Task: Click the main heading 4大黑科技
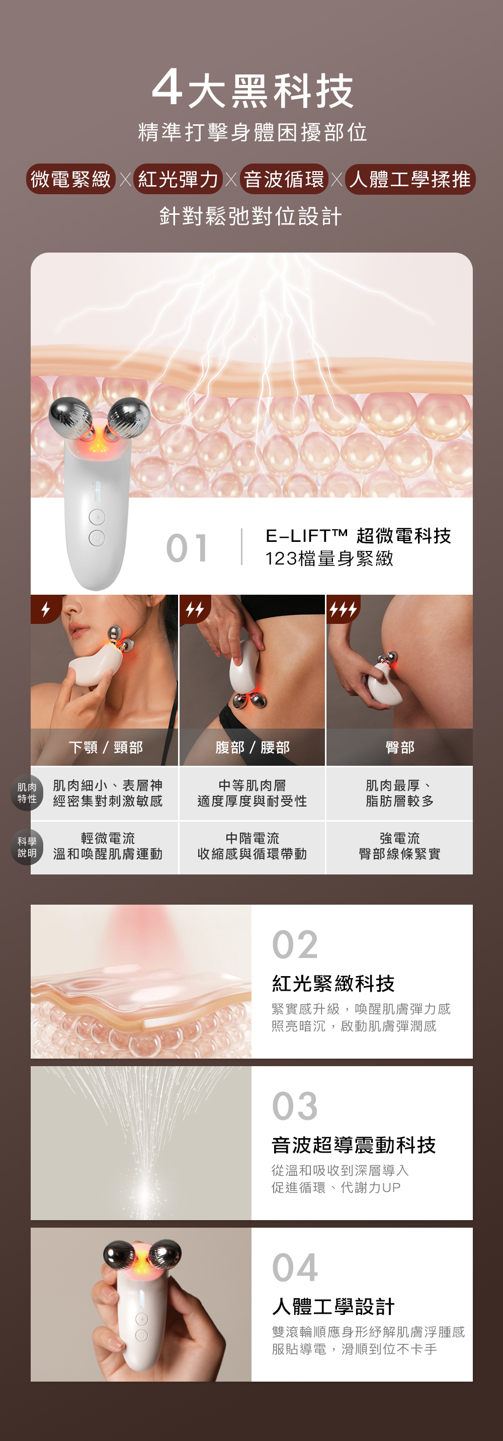[253, 89]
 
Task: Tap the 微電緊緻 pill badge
[71, 179]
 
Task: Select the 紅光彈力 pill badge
[178, 179]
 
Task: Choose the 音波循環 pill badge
[284, 179]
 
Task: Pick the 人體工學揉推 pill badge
[410, 179]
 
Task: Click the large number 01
[188, 547]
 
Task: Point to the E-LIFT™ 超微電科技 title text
[358, 536]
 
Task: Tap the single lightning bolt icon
[45, 609]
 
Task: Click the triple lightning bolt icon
[343, 609]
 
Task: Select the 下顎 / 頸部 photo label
[106, 747]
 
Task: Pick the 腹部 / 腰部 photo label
[253, 747]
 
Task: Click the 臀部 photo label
[399, 747]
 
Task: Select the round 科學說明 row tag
[27, 847]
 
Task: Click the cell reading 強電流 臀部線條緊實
[399, 846]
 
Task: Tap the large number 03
[295, 1106]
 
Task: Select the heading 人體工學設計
[333, 1306]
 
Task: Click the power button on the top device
[97, 538]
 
